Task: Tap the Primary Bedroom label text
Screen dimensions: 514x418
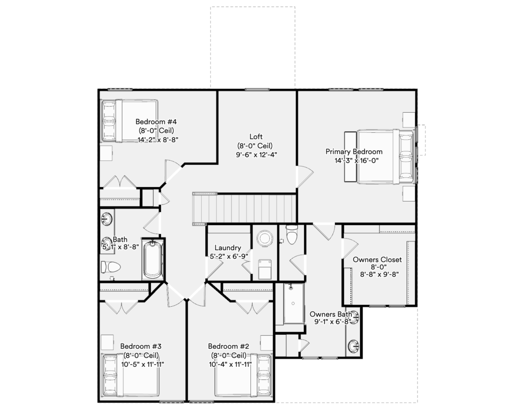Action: [354, 151]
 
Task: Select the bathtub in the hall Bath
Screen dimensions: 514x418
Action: [153, 260]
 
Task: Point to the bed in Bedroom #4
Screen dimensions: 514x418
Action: [129, 121]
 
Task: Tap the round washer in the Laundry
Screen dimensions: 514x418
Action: [265, 238]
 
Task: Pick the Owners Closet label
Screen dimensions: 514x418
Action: [377, 260]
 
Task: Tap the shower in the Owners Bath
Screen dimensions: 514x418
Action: [293, 303]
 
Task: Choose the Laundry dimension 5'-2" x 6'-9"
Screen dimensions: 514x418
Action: [229, 256]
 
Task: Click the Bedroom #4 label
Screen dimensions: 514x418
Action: [156, 122]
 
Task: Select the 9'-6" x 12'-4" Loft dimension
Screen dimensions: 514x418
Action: [256, 155]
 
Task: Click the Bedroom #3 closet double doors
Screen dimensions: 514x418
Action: [121, 308]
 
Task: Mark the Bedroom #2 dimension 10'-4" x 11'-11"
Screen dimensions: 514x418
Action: [230, 364]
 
